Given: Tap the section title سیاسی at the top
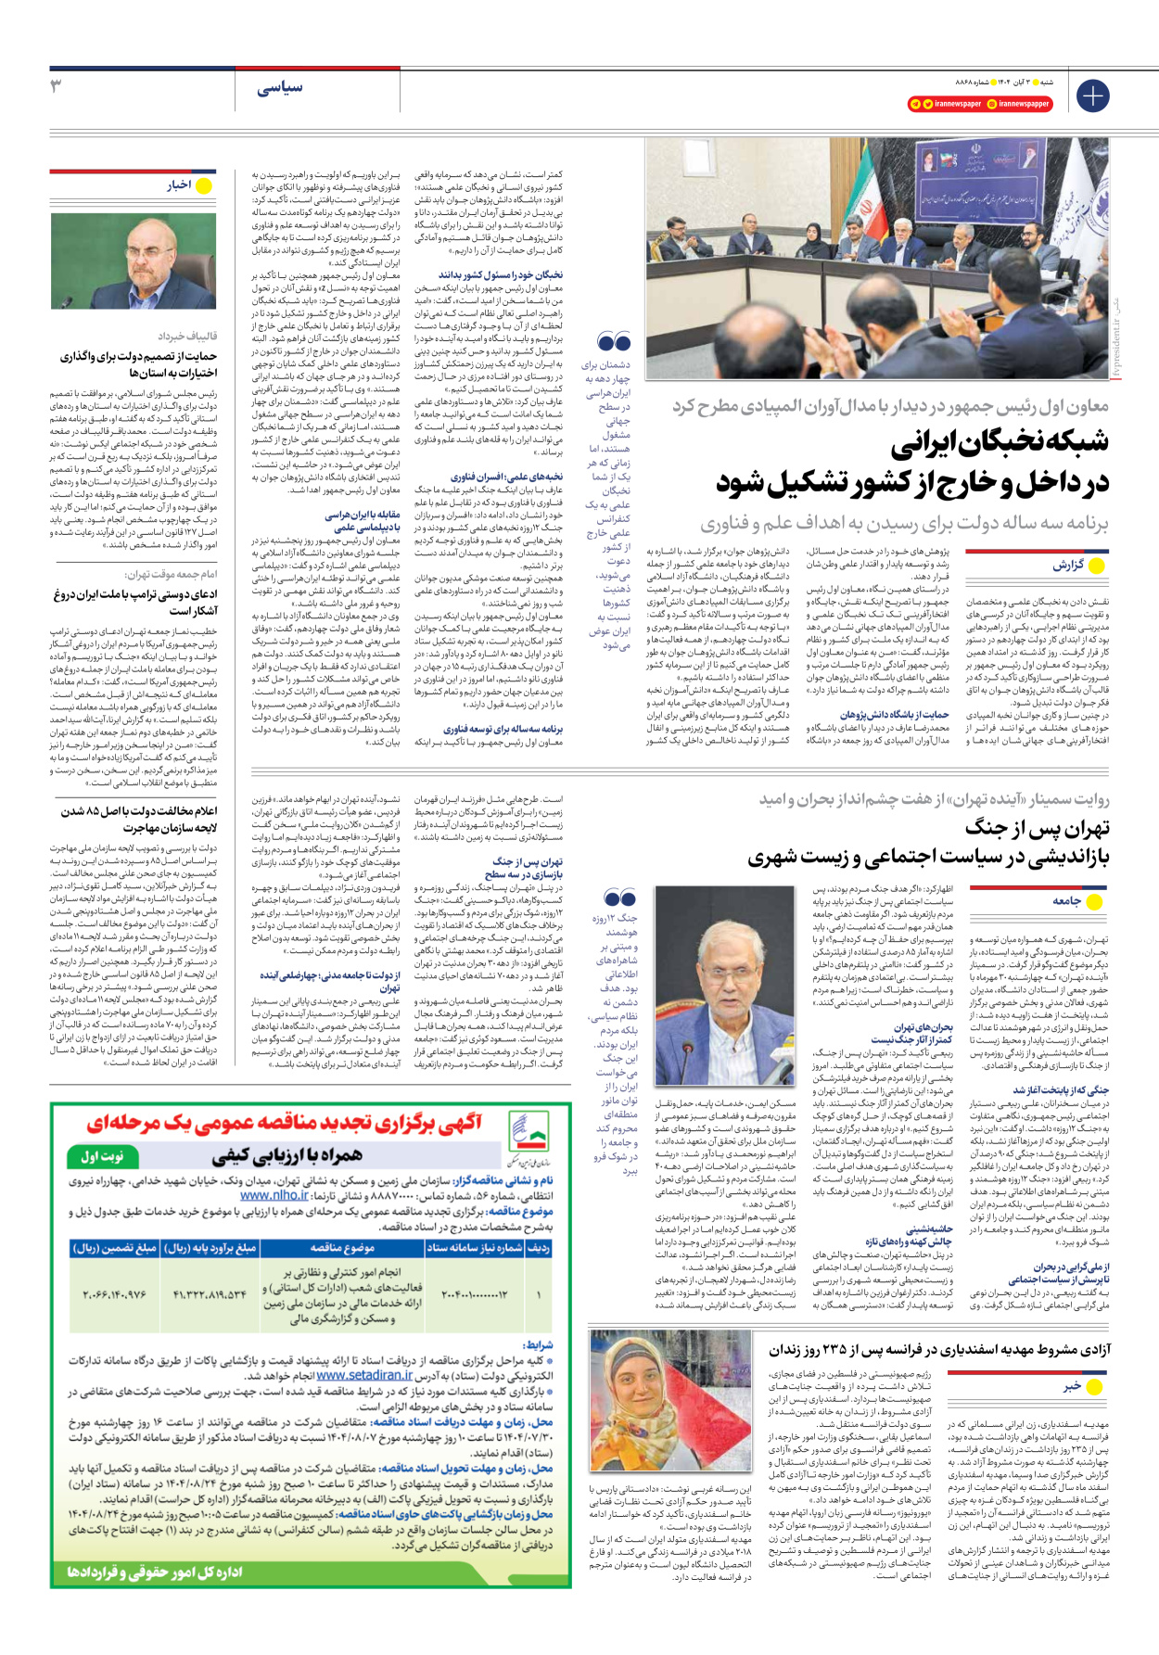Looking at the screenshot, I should (280, 88).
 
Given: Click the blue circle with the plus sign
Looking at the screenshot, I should (1093, 95).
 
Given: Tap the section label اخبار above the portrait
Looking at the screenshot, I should (179, 185).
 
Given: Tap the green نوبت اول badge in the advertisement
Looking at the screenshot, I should (103, 1157).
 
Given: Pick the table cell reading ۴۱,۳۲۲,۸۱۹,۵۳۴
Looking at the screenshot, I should (210, 1294).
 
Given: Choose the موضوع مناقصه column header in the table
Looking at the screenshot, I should (342, 1248).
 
